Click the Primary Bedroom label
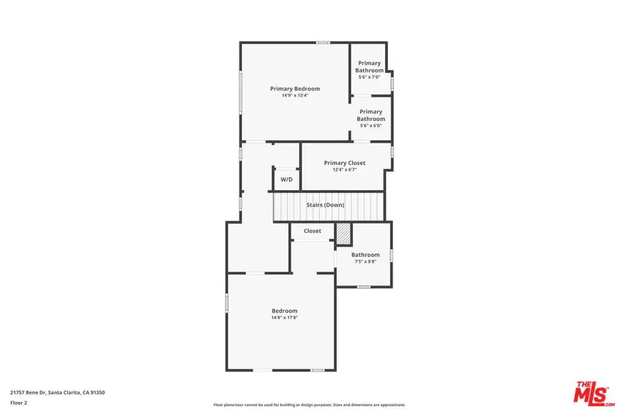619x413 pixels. click(295, 89)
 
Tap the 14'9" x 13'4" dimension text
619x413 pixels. click(295, 96)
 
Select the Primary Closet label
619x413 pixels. click(345, 163)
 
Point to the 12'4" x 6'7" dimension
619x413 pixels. click(345, 170)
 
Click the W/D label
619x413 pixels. click(287, 180)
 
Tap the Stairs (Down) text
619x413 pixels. click(325, 205)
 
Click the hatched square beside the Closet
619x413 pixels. click(343, 234)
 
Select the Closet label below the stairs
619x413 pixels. click(313, 231)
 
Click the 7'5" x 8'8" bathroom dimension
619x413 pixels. click(365, 261)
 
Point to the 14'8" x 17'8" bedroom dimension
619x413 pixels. click(284, 317)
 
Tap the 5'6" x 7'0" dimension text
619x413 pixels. click(369, 77)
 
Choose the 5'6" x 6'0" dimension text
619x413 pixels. click(371, 126)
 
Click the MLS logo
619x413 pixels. click(594, 394)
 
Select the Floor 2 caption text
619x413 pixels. click(19, 403)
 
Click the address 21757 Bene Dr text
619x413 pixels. click(28, 392)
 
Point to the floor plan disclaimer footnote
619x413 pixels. click(309, 405)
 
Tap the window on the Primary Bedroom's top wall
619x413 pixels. click(323, 42)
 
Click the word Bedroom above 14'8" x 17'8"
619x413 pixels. click(284, 311)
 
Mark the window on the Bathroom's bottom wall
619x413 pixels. click(363, 287)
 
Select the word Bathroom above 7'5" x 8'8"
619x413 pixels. click(366, 255)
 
